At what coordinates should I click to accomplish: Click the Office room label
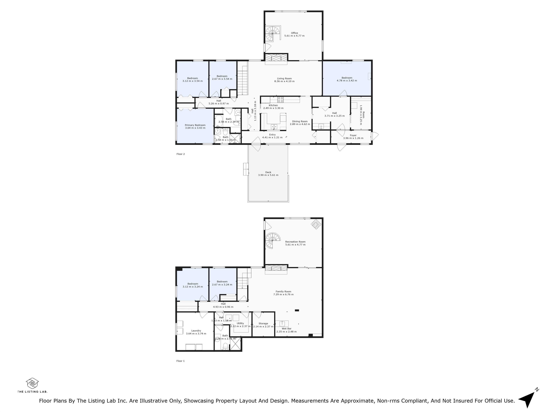294,33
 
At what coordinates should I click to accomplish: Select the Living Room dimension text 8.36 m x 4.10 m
284,81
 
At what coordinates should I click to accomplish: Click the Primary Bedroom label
195,125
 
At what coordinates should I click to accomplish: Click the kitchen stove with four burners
280,100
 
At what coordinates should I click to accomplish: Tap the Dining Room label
300,121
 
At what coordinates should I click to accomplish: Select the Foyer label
353,135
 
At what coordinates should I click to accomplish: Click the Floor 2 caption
180,154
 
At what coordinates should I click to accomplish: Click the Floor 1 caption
180,361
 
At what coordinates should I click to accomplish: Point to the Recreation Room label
295,242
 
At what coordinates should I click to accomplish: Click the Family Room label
283,291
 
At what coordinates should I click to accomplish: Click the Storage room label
263,323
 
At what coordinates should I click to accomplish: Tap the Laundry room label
196,331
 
